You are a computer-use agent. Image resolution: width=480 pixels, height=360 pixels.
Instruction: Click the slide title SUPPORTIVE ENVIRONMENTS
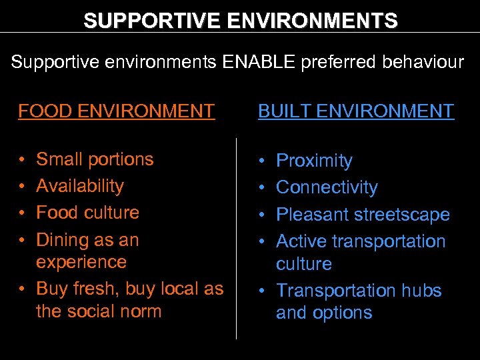(x=240, y=21)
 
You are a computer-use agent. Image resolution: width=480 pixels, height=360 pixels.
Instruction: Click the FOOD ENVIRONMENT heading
(x=116, y=111)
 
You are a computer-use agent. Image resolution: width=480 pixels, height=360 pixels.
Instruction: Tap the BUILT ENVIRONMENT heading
(x=356, y=111)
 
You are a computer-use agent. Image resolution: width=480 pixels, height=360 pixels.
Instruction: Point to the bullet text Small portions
(x=95, y=159)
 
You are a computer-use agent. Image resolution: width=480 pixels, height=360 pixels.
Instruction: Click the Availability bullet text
(x=80, y=186)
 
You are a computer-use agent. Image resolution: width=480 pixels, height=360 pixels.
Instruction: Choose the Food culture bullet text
(x=87, y=213)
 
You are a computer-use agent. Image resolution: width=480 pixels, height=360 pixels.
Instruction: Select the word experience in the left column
(x=81, y=262)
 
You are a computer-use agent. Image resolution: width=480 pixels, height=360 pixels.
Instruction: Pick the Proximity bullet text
(x=314, y=161)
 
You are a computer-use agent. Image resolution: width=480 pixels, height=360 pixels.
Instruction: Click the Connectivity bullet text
(x=327, y=187)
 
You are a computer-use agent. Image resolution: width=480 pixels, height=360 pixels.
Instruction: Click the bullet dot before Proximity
(x=263, y=161)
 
